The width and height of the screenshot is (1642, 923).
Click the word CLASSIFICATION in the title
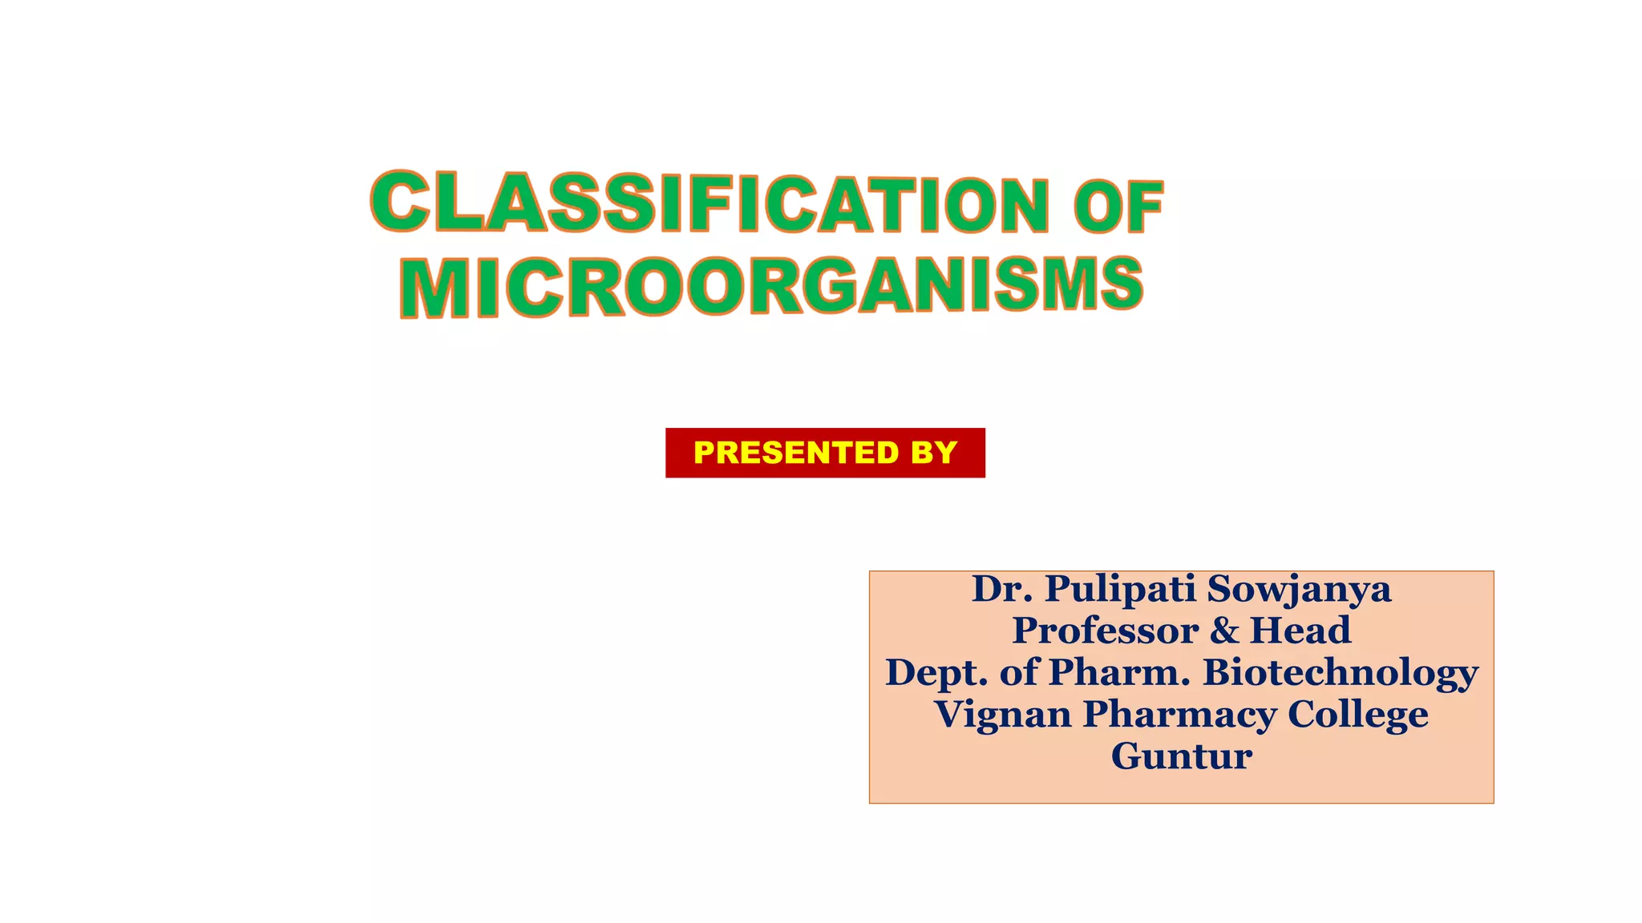(x=710, y=202)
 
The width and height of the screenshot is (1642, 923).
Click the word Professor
(x=1105, y=631)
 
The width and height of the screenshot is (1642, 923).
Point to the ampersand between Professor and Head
(x=1224, y=631)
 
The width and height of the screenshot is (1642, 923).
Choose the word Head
(x=1300, y=631)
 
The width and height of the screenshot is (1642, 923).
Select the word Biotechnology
(x=1341, y=673)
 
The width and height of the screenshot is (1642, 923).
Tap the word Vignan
(x=1002, y=715)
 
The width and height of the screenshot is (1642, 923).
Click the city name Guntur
(x=1181, y=756)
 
